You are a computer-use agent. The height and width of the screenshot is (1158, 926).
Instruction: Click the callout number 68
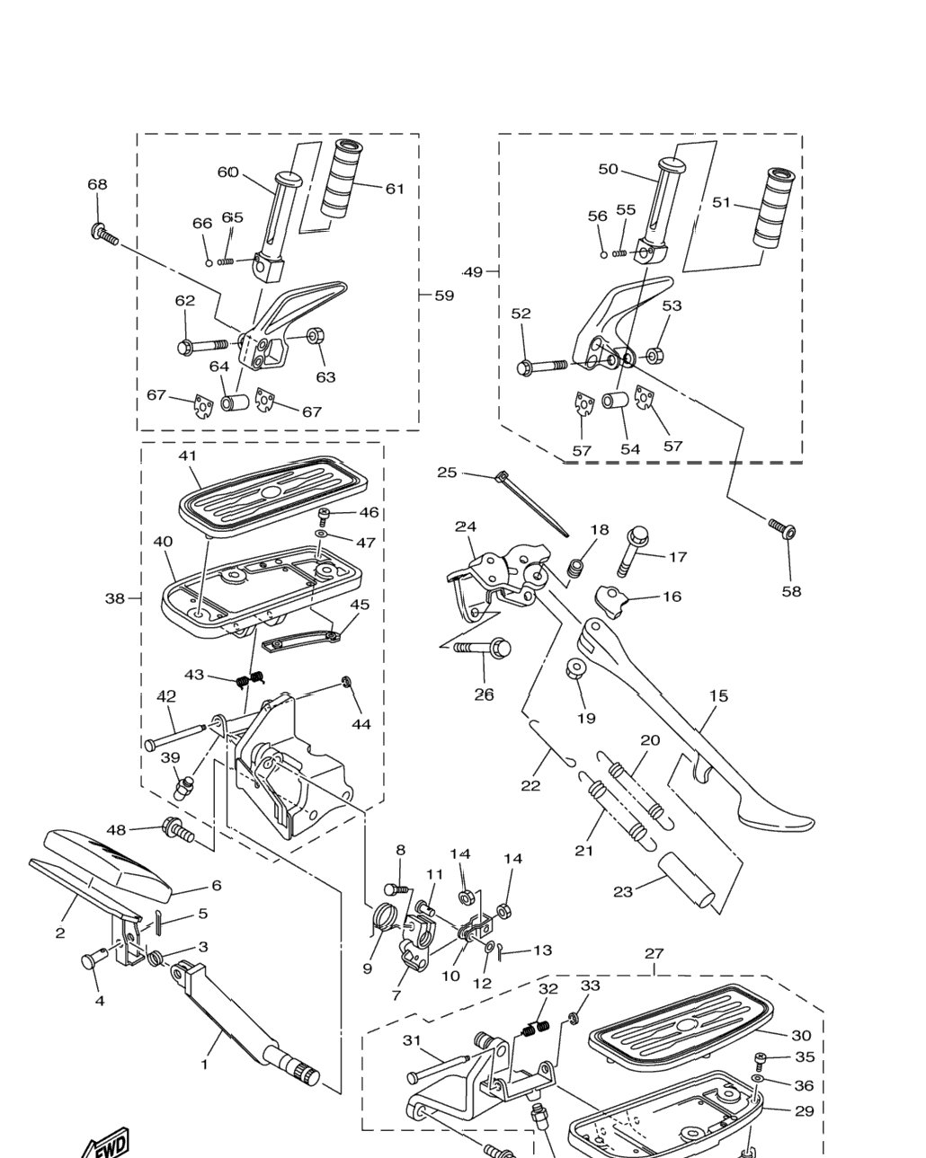pyautogui.click(x=97, y=184)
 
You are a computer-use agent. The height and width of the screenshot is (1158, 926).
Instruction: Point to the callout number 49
pyautogui.click(x=472, y=272)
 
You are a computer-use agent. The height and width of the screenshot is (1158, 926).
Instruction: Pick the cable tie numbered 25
pyautogui.click(x=531, y=503)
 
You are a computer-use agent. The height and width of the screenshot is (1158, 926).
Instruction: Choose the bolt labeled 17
pyautogui.click(x=631, y=551)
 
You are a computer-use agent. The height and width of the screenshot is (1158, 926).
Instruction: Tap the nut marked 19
pyautogui.click(x=574, y=669)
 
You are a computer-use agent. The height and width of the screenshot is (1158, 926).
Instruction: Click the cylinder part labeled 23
pyautogui.click(x=686, y=887)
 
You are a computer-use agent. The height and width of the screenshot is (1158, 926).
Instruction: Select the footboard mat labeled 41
pyautogui.click(x=273, y=491)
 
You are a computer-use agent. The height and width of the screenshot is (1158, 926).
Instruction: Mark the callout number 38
pyautogui.click(x=114, y=597)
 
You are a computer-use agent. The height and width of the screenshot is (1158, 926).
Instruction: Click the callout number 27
pyautogui.click(x=654, y=953)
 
